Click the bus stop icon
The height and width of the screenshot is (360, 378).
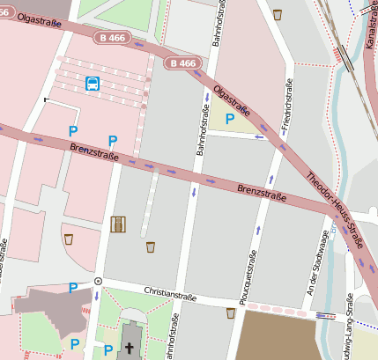tap(93, 84)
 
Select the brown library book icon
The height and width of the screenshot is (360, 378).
tap(118, 224)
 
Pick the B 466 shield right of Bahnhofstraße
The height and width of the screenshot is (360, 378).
tap(183, 63)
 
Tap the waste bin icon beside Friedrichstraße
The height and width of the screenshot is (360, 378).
tap(278, 14)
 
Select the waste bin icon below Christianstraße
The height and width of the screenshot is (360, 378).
tap(231, 312)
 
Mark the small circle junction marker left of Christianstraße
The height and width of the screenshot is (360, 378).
tap(98, 281)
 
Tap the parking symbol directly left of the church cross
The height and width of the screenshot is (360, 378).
tap(107, 349)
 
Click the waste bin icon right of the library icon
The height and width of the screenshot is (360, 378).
tap(150, 246)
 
